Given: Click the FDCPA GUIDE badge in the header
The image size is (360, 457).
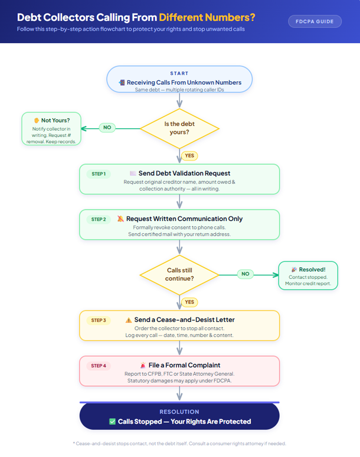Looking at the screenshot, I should [315, 22].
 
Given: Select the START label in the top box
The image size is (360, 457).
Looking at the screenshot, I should [179, 73].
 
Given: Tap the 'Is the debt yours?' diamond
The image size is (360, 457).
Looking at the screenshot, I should [179, 128].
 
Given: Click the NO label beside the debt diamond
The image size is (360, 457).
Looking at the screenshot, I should [107, 128].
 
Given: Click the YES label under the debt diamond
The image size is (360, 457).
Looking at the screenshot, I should [189, 156].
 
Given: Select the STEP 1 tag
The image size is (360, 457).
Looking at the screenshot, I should [98, 174].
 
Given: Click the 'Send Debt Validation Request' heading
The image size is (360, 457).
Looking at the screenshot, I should [184, 173].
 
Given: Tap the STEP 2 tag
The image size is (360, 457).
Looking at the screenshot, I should [98, 219].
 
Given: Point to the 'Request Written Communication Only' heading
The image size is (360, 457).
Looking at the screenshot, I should [184, 218].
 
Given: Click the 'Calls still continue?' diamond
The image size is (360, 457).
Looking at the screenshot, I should [179, 274].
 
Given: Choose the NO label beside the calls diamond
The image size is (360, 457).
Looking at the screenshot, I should [245, 274].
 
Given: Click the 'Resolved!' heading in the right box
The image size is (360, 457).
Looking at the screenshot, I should [311, 269].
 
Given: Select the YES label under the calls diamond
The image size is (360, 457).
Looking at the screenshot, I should [189, 302].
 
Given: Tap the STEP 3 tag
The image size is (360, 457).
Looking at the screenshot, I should [98, 320].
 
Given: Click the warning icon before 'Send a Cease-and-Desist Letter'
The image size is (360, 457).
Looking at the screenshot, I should [129, 320].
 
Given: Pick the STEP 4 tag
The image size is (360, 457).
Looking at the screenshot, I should [98, 365].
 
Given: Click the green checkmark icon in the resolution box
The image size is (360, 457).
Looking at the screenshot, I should [112, 422].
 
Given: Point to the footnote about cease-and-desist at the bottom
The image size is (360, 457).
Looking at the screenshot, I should [179, 444].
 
